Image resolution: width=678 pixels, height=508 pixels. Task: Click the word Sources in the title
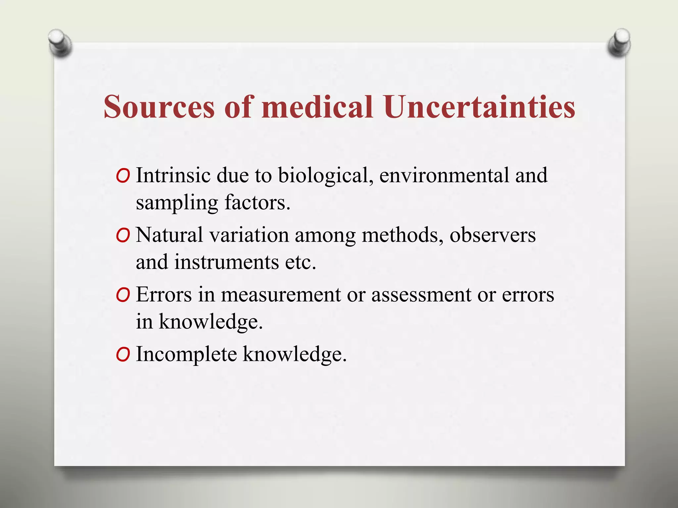pyautogui.click(x=159, y=106)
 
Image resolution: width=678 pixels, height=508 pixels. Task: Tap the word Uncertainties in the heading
pyautogui.click(x=479, y=106)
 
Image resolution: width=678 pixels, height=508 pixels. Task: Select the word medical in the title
pyautogui.click(x=317, y=106)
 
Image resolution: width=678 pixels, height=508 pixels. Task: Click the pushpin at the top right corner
pyautogui.click(x=619, y=43)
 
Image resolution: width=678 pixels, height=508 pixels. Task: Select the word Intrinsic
pyautogui.click(x=173, y=175)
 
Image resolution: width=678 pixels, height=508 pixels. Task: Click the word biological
pyautogui.click(x=323, y=175)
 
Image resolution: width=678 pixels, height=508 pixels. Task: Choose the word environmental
pyautogui.click(x=444, y=175)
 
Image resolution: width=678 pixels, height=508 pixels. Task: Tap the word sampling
pyautogui.click(x=177, y=203)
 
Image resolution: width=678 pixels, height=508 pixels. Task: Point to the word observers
pyautogui.click(x=492, y=235)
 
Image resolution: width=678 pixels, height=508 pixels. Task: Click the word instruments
pyautogui.click(x=226, y=262)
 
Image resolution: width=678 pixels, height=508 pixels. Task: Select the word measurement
pyautogui.click(x=281, y=294)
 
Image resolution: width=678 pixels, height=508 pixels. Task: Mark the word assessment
pyautogui.click(x=421, y=294)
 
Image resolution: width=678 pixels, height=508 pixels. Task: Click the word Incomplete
pyautogui.click(x=186, y=355)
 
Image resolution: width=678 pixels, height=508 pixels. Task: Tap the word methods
pyautogui.click(x=402, y=235)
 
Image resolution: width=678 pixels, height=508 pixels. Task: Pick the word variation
pyautogui.click(x=249, y=235)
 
